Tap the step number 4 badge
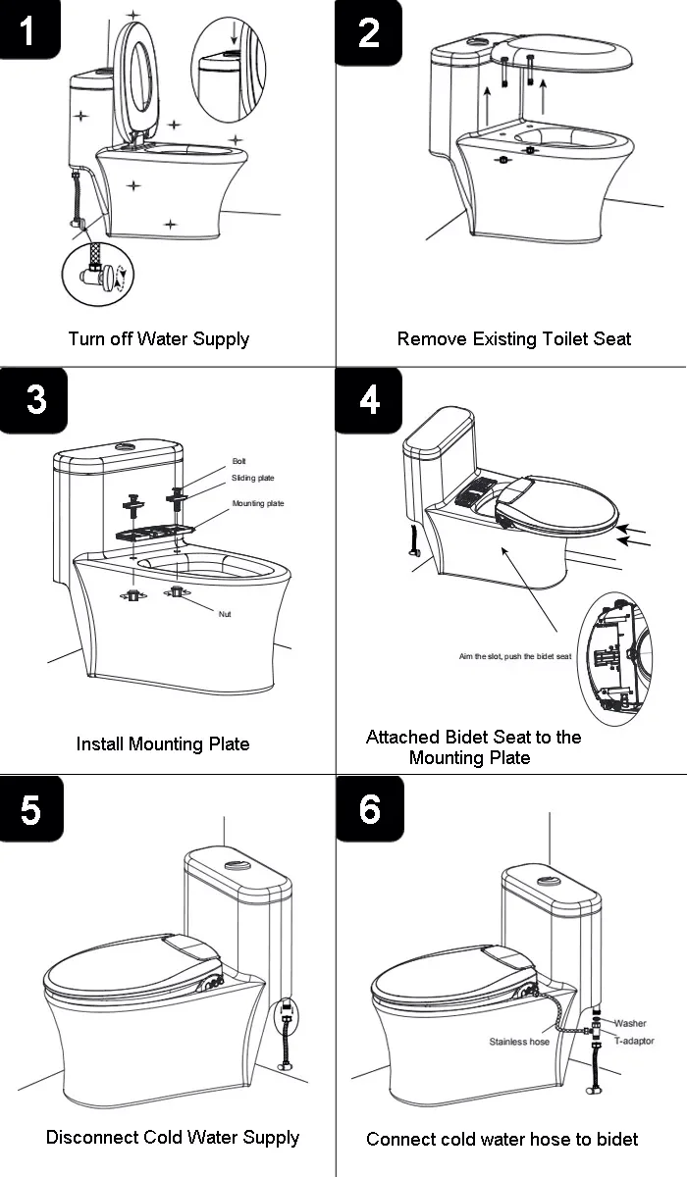pos(368,399)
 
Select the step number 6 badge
pos(369,808)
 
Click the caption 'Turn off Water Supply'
pos(158,338)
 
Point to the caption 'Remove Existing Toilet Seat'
pos(513,338)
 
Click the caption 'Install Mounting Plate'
pos(163,743)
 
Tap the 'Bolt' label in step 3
pos(239,461)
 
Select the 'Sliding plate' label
pos(253,478)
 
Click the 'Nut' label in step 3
pos(225,613)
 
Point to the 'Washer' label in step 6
pos(630,1023)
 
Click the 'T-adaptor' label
pos(634,1040)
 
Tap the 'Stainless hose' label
pos(519,1042)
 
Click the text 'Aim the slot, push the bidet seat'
pos(515,656)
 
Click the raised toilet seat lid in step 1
pos(138,78)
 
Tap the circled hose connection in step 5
pos(287,1015)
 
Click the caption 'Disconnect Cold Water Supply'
pos(173,1138)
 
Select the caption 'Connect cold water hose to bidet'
pos(502,1139)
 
